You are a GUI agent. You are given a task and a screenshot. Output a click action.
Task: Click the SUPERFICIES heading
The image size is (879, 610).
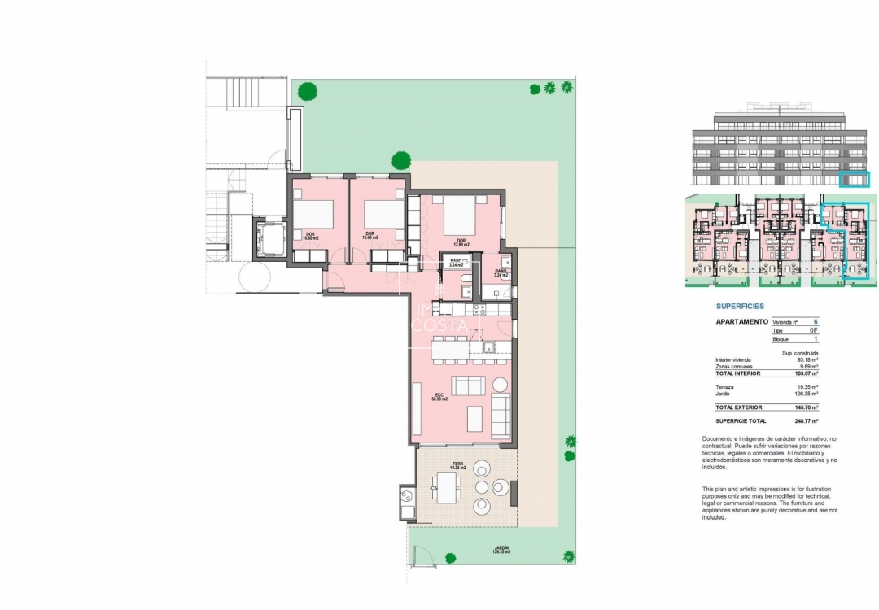click(x=740, y=307)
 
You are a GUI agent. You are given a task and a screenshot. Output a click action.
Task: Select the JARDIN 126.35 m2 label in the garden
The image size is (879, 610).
click(x=501, y=550)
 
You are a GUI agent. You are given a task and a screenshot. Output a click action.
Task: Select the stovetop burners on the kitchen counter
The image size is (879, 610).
click(x=479, y=309)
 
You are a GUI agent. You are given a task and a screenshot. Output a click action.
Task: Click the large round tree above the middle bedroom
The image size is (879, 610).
click(x=400, y=160)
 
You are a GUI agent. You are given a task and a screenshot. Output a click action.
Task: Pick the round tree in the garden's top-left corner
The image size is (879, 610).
click(x=307, y=91)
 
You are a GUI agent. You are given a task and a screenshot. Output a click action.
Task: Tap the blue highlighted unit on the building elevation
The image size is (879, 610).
click(x=854, y=180)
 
